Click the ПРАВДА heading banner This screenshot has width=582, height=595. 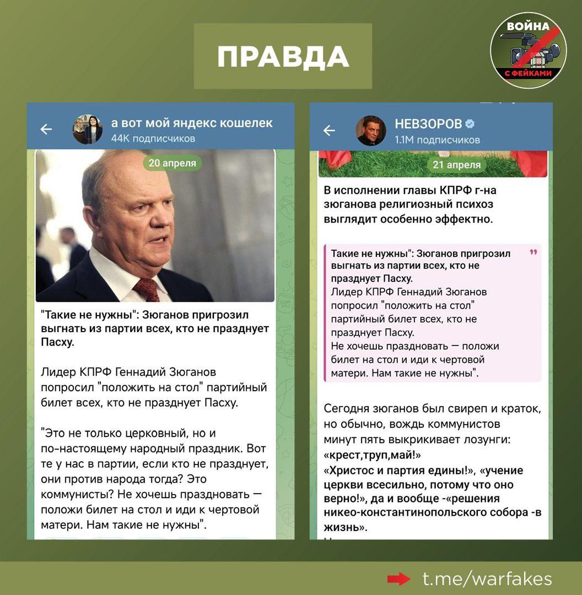click(283, 56)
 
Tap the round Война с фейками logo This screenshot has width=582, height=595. click(528, 51)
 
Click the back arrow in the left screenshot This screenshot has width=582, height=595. click(46, 129)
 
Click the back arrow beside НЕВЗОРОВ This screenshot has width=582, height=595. click(329, 131)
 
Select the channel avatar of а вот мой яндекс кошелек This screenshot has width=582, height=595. click(88, 129)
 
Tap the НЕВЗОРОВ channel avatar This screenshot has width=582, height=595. click(371, 131)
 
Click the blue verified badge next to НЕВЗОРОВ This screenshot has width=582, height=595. click(470, 123)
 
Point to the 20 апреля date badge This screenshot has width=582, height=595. click(172, 163)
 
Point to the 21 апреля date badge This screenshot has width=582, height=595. click(456, 165)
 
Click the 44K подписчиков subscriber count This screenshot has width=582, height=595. click(153, 138)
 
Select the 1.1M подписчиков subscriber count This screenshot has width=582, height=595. click(437, 139)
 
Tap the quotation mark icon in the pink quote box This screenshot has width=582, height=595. click(533, 252)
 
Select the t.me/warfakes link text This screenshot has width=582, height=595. click(487, 578)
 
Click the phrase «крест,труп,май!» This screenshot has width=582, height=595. click(373, 456)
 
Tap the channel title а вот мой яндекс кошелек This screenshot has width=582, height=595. click(192, 122)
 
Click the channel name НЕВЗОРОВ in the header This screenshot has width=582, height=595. click(429, 123)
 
